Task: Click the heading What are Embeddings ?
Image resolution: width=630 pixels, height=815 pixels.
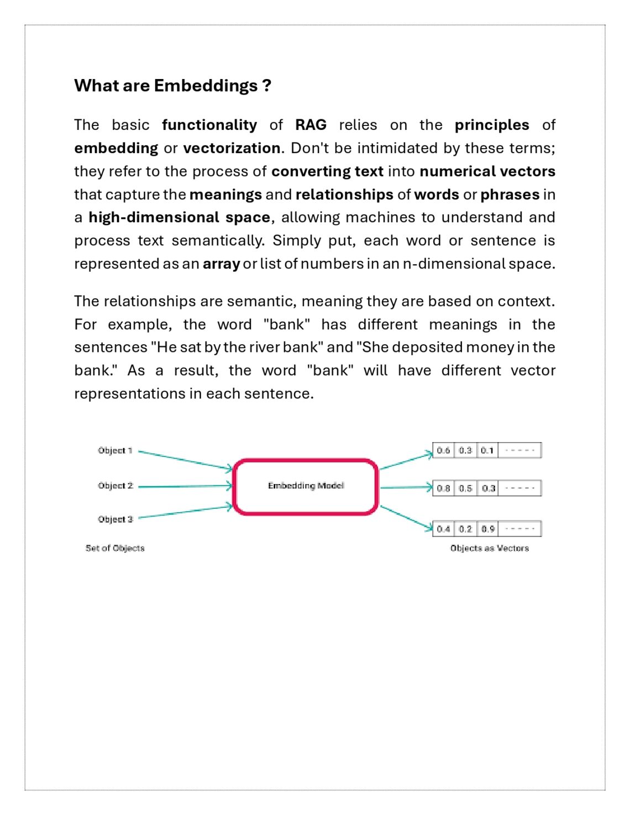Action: coord(172,86)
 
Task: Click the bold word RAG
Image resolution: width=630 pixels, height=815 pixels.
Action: coord(311,125)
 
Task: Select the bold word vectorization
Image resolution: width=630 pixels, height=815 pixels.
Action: coord(232,148)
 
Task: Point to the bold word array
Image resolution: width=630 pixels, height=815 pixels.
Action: coord(221,264)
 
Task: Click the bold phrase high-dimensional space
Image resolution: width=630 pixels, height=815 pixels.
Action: coord(179,217)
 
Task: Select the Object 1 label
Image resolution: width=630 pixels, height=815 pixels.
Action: coord(115,450)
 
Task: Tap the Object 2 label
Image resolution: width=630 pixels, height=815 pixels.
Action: coord(116,486)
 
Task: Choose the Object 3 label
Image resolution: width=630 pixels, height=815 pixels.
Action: coord(116,519)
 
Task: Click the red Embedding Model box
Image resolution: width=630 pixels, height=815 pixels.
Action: coord(306,486)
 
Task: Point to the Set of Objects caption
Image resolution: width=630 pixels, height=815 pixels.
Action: coord(115,548)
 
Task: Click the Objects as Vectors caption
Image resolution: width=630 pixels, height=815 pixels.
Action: coord(489,548)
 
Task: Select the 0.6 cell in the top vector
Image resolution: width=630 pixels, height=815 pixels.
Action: coord(443,450)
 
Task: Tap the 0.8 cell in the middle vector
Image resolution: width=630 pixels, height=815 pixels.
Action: coord(443,488)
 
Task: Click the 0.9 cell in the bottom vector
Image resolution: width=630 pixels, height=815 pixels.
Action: coord(487,529)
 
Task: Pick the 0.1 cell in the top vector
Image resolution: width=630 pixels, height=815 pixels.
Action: coord(487,450)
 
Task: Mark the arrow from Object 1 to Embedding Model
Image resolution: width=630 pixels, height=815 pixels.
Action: coord(185,460)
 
